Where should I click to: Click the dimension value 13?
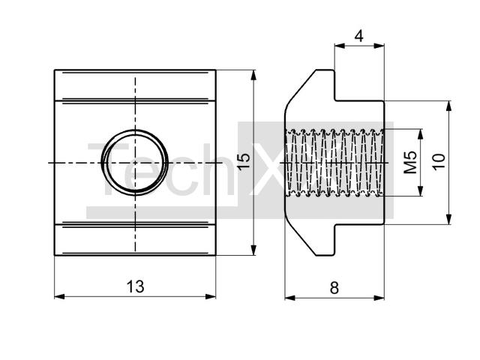[x=135, y=286]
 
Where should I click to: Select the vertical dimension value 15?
[x=244, y=161]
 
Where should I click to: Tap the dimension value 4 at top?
[x=358, y=36]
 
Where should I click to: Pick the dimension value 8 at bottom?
[x=334, y=288]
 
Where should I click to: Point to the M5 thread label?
[x=410, y=163]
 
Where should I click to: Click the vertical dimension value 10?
[x=438, y=162]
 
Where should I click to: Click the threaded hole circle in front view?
[x=135, y=162]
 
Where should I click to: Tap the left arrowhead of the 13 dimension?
[x=60, y=296]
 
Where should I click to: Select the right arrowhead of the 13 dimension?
[x=211, y=296]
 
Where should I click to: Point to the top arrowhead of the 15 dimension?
[x=253, y=75]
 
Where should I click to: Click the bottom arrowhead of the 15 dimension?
[x=253, y=250]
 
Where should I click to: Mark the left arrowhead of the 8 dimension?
[x=290, y=298]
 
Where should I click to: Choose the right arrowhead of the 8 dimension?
[x=379, y=298]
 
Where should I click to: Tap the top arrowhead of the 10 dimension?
[x=448, y=106]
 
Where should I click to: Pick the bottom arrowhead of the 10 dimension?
[x=448, y=219]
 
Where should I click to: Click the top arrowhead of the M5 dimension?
[x=421, y=134]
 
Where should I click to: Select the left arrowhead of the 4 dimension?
[x=340, y=46]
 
